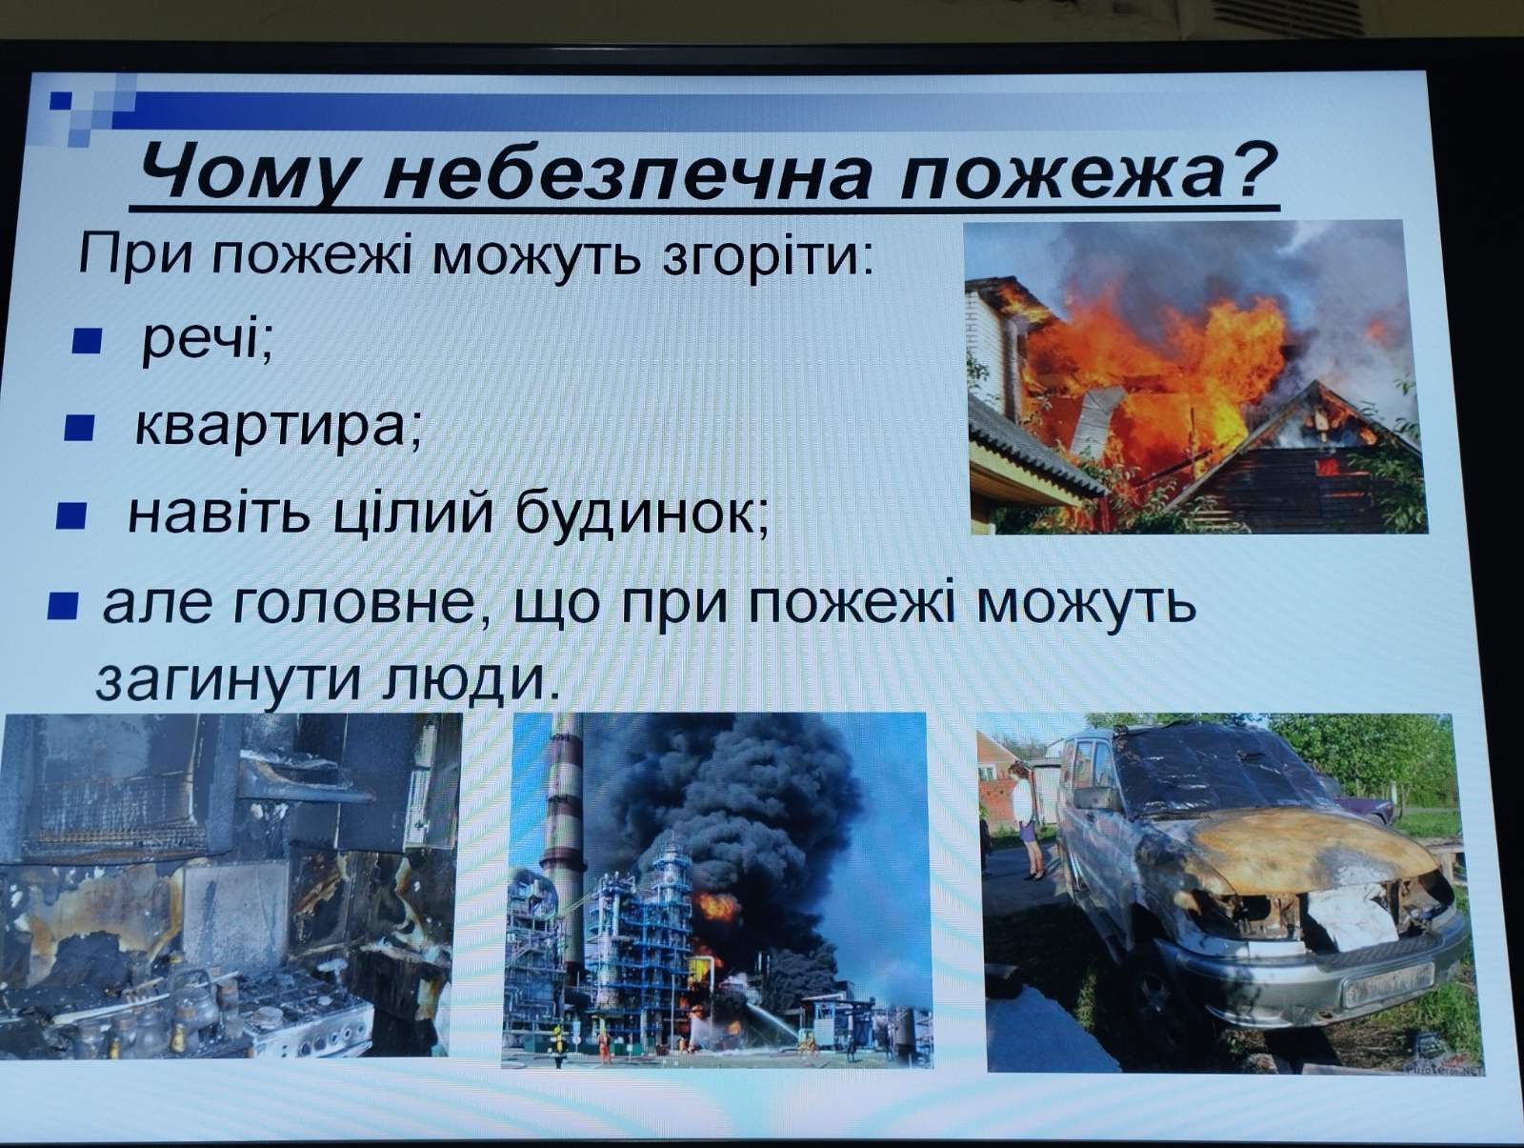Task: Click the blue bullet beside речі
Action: pos(87,341)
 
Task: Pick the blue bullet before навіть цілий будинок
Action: pos(70,517)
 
